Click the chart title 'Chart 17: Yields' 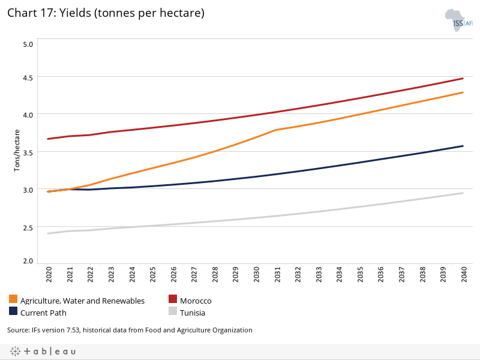pyautogui.click(x=106, y=13)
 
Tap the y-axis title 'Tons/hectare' pyautogui.click(x=17, y=151)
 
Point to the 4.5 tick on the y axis pyautogui.click(x=28, y=77)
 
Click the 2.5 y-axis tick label pyautogui.click(x=28, y=227)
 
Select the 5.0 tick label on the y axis pyautogui.click(x=28, y=44)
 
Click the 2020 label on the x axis pyautogui.click(x=49, y=275)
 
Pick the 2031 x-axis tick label pyautogui.click(x=277, y=275)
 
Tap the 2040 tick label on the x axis pyautogui.click(x=463, y=275)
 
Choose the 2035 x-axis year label pyautogui.click(x=360, y=275)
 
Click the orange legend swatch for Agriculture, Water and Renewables pyautogui.click(x=13, y=299)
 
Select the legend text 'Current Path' pyautogui.click(x=43, y=313)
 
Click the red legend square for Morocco pyautogui.click(x=173, y=299)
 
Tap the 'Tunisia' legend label pyautogui.click(x=193, y=313)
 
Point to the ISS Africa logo pyautogui.click(x=458, y=20)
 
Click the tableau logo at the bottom pyautogui.click(x=43, y=351)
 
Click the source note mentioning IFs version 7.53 pyautogui.click(x=130, y=330)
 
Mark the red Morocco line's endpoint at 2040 pyautogui.click(x=463, y=78)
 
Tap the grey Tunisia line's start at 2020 pyautogui.click(x=48, y=233)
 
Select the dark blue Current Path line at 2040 pyautogui.click(x=463, y=146)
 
